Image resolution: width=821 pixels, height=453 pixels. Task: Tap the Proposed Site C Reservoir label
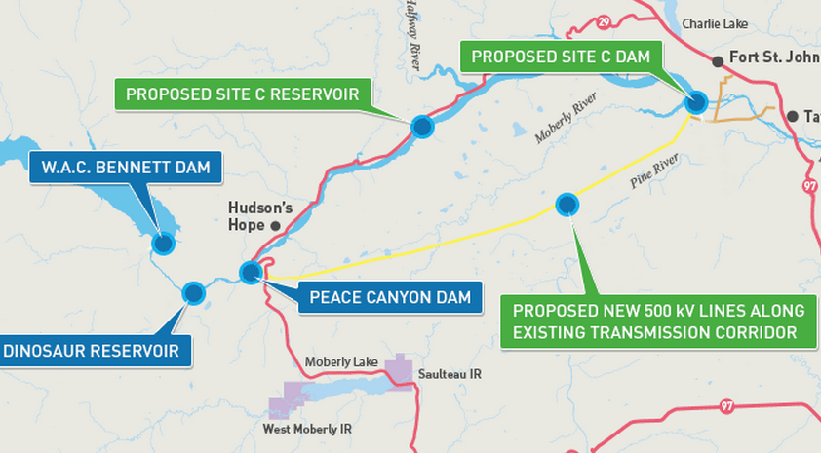pos(243,94)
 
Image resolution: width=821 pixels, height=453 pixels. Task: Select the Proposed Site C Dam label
pos(561,57)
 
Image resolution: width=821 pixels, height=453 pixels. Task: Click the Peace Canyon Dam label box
pos(390,297)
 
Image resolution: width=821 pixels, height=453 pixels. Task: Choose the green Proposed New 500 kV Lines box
pos(659,321)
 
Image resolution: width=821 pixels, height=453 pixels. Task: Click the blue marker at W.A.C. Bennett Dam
pos(163,243)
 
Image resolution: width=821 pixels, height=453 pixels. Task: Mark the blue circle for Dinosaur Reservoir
pos(193,292)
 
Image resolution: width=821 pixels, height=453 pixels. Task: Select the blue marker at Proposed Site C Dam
pos(696,101)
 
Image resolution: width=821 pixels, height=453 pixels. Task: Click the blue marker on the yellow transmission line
pos(567,204)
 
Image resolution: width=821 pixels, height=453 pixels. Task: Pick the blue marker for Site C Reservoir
pos(422,126)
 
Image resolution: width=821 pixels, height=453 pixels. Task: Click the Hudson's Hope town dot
pos(276,226)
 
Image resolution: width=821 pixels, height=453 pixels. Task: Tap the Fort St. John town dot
pos(719,61)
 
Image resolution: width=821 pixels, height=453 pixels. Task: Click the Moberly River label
pos(565,121)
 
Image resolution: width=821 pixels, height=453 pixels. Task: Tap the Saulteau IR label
pos(450,374)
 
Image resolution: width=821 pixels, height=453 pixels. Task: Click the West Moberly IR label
pos(307,429)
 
